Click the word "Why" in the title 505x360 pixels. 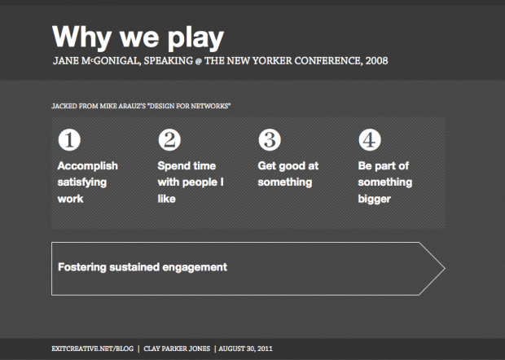pyautogui.click(x=81, y=37)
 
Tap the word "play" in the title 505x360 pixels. pyautogui.click(x=195, y=37)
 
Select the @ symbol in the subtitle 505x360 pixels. pyautogui.click(x=199, y=61)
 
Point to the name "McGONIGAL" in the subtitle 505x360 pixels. pyautogui.click(x=111, y=60)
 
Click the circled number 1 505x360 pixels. pyautogui.click(x=69, y=140)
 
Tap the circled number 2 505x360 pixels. pyautogui.click(x=169, y=140)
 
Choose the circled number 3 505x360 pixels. pyautogui.click(x=270, y=140)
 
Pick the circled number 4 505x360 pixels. pyautogui.click(x=370, y=140)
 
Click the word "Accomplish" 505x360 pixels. pyautogui.click(x=88, y=166)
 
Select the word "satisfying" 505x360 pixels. pyautogui.click(x=82, y=182)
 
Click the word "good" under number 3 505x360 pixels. pyautogui.click(x=292, y=166)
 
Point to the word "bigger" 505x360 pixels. pyautogui.click(x=374, y=200)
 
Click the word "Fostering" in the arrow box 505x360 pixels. pyautogui.click(x=81, y=267)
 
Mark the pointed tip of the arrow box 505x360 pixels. pyautogui.click(x=445, y=268)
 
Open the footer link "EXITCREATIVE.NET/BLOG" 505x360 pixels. pyautogui.click(x=92, y=349)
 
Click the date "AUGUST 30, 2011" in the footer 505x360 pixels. pyautogui.click(x=245, y=349)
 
